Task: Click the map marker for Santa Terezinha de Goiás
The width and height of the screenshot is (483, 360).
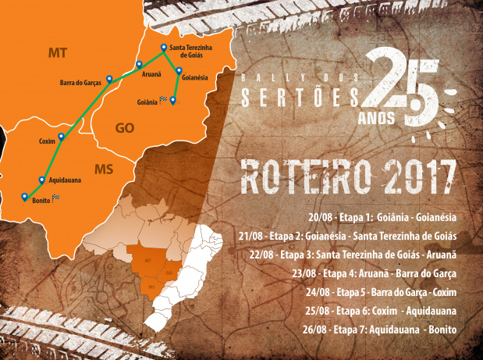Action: (163, 48)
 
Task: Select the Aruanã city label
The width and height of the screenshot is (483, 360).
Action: (151, 75)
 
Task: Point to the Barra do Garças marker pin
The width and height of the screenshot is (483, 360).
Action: (109, 78)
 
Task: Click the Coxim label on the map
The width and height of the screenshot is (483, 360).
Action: (47, 141)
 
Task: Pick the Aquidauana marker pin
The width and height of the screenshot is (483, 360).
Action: (41, 179)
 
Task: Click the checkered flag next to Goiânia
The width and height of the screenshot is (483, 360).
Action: (162, 99)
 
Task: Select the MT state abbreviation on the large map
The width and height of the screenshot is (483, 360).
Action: (57, 52)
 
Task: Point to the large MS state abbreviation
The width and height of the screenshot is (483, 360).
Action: (104, 169)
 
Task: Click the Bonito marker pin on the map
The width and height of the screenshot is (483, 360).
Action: (25, 196)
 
